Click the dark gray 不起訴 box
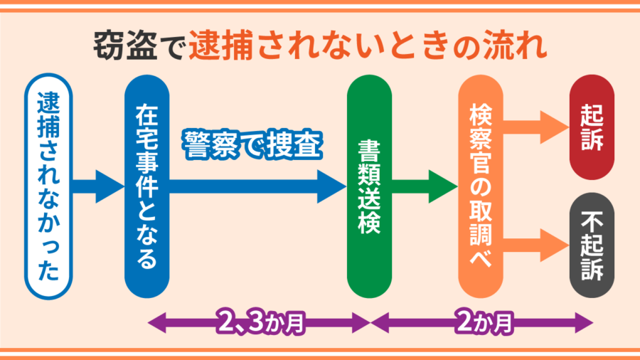pos(592,245)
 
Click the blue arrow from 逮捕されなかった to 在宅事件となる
pos(98,186)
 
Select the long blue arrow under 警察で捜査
pos(256,186)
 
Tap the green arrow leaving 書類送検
pos(424,186)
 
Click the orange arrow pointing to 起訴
pos(537,129)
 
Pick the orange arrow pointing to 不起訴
pos(537,245)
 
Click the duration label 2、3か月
pos(259,322)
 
